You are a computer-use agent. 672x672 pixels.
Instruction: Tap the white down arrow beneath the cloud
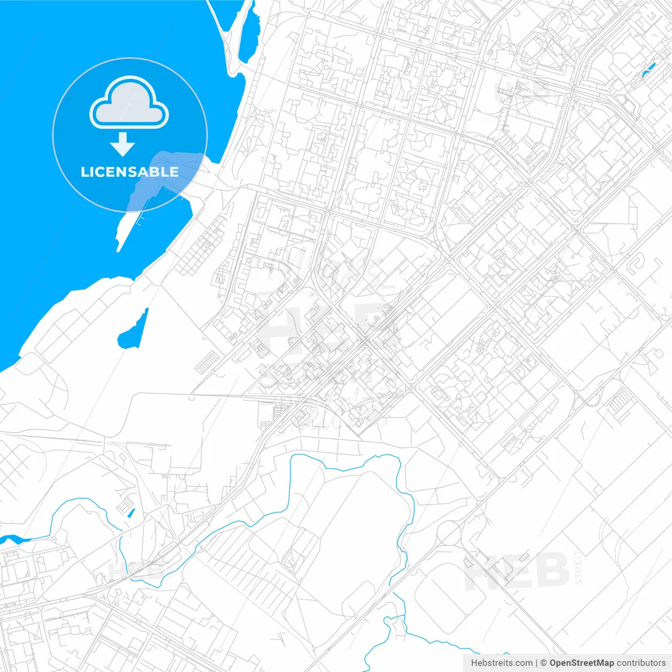point(123,144)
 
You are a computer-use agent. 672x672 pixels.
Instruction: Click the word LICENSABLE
point(129,172)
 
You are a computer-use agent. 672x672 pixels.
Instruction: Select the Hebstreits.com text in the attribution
point(501,663)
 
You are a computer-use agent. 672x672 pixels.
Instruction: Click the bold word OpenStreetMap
point(581,663)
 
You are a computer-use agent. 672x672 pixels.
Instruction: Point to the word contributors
point(641,663)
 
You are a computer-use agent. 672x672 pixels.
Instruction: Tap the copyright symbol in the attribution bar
point(544,663)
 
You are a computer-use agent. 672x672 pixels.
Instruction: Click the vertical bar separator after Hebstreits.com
point(537,663)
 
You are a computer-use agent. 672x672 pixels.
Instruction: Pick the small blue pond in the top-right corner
point(649,69)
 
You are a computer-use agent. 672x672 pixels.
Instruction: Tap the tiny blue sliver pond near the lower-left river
point(131,513)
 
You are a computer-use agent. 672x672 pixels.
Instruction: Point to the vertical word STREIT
point(579,567)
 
